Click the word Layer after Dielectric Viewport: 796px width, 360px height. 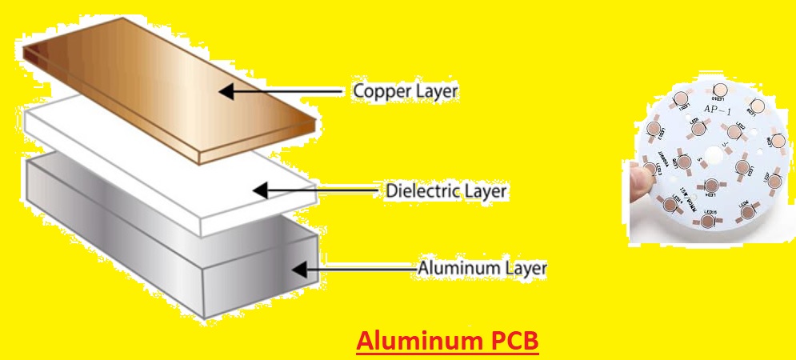[x=485, y=192]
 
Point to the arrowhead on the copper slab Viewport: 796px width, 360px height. [x=227, y=92]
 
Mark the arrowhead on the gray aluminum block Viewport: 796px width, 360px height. [x=298, y=270]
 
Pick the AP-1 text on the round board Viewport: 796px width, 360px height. [x=715, y=110]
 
